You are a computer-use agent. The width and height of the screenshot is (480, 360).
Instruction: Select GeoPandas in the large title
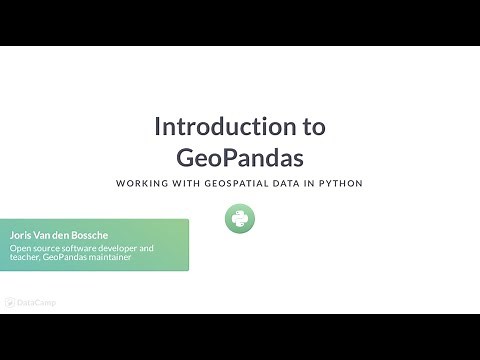coord(239,157)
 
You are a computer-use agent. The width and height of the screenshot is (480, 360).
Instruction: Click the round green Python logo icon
coord(240,219)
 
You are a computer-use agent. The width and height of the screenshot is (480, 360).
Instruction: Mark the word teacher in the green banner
coord(24,258)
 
